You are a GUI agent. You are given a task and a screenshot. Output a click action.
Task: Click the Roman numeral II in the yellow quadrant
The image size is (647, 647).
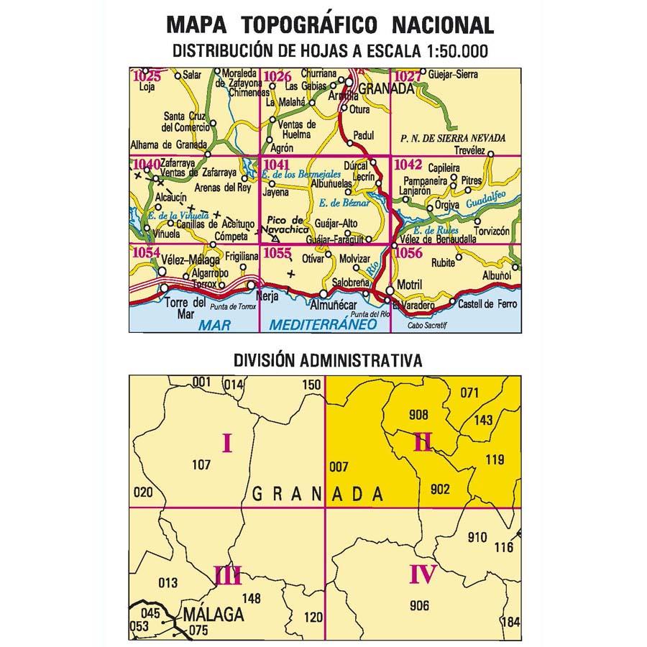pos(422,442)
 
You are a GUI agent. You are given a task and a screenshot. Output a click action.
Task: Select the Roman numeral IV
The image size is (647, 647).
pos(423,575)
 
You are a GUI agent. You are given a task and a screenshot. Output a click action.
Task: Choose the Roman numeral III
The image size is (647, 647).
pos(227,575)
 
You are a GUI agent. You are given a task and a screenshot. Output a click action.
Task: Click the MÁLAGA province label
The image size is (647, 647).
pos(214,615)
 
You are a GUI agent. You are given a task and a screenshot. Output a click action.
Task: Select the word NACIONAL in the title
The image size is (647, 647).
pos(443,25)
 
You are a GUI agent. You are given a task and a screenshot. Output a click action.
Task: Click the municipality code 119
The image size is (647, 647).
pos(495,459)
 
